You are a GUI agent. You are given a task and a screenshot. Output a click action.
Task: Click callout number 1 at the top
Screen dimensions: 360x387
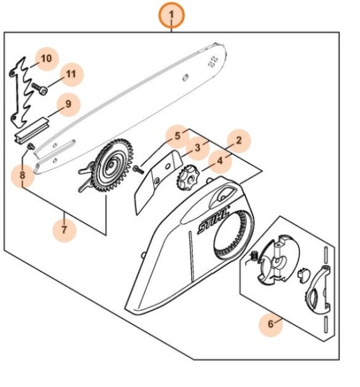point(171,15)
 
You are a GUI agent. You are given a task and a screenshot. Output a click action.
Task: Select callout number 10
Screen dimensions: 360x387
point(47,59)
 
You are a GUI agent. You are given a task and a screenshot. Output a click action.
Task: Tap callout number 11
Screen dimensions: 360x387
point(71,74)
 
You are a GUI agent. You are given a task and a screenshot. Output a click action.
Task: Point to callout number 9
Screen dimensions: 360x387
point(68,104)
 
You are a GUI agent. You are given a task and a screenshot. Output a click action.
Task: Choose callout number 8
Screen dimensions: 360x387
point(23,175)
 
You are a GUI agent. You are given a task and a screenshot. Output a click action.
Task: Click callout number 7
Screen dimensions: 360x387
point(65,230)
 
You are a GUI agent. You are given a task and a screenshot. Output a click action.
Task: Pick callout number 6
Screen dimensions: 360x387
point(271,324)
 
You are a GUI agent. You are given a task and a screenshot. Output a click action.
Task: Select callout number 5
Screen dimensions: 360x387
point(177,136)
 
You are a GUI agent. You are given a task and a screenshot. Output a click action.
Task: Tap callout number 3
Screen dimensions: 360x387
point(198,148)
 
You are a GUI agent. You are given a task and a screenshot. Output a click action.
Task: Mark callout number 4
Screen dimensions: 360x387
point(220,161)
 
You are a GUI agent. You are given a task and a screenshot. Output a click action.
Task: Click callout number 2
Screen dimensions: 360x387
point(239,140)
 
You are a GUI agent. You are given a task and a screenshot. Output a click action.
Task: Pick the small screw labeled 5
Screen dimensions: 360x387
point(138,169)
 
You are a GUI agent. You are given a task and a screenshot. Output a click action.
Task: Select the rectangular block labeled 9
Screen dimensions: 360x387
point(32,130)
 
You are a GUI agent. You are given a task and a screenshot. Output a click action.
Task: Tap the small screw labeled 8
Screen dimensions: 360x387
point(31,146)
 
